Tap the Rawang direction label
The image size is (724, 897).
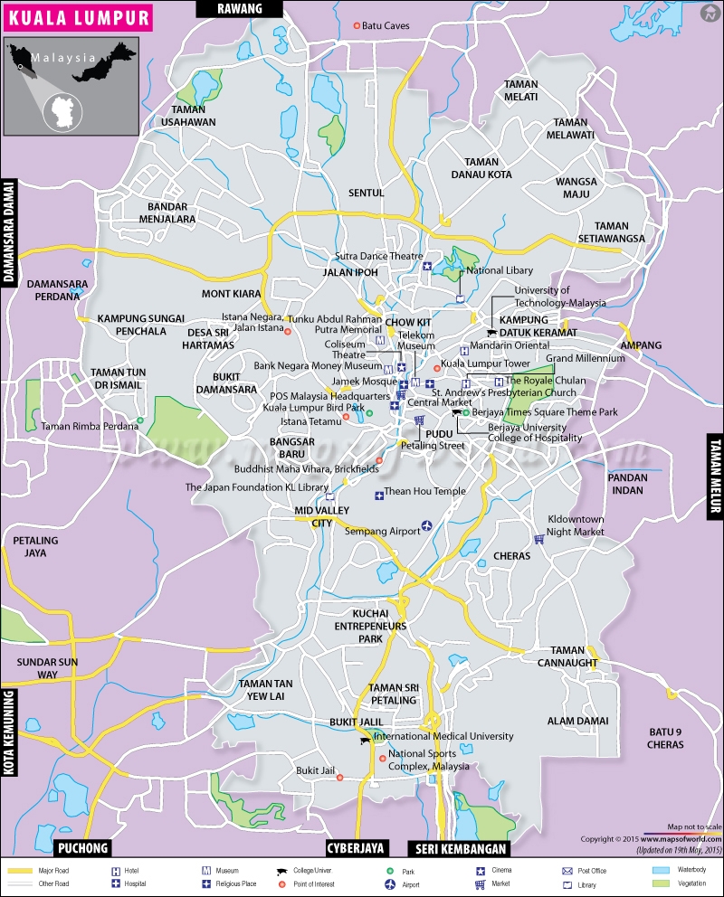pos(240,8)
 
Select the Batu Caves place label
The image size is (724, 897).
pos(386,25)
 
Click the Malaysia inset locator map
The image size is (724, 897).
pos(71,86)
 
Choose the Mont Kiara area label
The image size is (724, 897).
pos(231,294)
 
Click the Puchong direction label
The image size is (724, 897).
pos(84,847)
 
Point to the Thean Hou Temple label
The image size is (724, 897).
pos(424,492)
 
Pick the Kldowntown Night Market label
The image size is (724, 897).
pos(576,526)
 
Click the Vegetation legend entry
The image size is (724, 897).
pos(683,884)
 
